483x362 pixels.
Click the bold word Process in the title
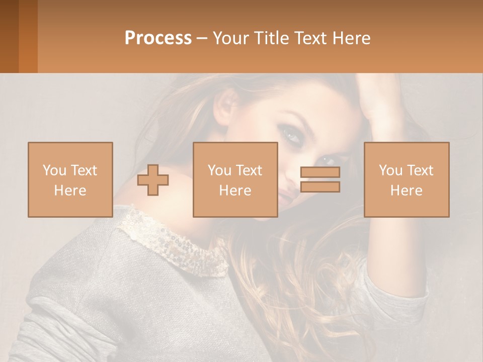(x=158, y=38)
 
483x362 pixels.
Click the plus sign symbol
(x=153, y=180)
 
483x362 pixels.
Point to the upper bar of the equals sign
(x=320, y=172)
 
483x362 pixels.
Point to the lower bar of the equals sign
(x=320, y=187)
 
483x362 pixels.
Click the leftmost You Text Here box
(x=70, y=179)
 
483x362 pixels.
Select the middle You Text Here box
(x=235, y=179)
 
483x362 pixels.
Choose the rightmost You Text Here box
(x=406, y=179)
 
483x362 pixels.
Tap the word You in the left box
(x=53, y=170)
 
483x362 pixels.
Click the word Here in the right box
(x=406, y=191)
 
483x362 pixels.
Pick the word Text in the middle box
(x=249, y=170)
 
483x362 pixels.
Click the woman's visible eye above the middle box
(x=291, y=134)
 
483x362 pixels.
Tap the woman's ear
(x=227, y=106)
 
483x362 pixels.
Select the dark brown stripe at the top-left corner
(x=9, y=36)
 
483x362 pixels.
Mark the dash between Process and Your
(x=201, y=39)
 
